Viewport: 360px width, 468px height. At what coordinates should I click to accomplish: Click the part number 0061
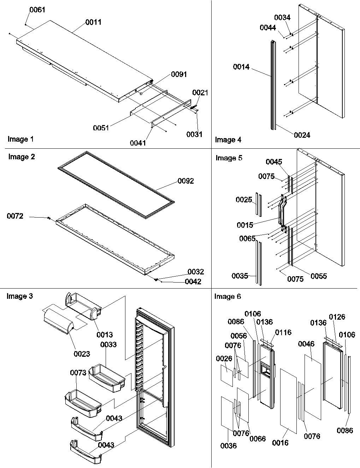coord(37,10)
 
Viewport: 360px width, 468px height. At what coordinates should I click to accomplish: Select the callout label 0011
coord(93,22)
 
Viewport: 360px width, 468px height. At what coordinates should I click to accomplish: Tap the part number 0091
coord(179,74)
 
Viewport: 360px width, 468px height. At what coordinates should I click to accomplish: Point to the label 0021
coord(200,93)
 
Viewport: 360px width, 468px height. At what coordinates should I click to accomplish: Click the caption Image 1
coord(20,139)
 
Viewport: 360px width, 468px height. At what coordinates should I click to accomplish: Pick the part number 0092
coord(186,181)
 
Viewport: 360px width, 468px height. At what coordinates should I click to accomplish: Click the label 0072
coord(15,216)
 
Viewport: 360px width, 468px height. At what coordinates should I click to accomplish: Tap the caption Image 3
coord(20,296)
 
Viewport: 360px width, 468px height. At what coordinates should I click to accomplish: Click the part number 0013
coord(105,334)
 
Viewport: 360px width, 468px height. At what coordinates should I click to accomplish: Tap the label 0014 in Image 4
coord(241,67)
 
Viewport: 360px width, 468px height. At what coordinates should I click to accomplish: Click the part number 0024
coord(302,135)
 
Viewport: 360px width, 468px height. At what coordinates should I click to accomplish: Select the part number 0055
coord(319,276)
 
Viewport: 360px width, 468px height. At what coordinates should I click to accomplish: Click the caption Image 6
coord(228,296)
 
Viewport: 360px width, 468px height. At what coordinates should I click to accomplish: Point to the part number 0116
coord(283,332)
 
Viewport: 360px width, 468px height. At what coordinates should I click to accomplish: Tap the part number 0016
coord(281,443)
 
